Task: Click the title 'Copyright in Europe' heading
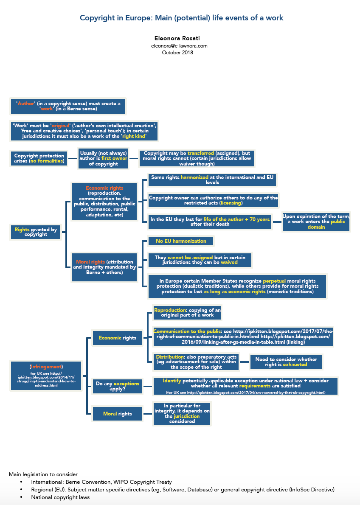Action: point(181,18)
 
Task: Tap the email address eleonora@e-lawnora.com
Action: point(179,45)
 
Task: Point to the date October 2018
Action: point(177,53)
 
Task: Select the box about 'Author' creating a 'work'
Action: point(68,106)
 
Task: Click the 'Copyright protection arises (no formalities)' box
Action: point(39,158)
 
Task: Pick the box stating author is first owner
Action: point(103,158)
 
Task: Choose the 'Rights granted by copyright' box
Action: point(36,232)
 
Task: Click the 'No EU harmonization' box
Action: point(181,241)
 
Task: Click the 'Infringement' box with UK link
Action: point(46,375)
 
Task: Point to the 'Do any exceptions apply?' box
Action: point(117,386)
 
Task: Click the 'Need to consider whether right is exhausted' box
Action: point(286,362)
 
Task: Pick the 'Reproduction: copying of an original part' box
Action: point(187,313)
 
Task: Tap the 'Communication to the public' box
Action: point(242,337)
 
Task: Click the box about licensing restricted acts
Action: point(213,200)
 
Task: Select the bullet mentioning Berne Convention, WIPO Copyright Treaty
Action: point(101,482)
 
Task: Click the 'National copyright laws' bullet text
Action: point(60,497)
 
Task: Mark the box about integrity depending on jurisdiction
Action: point(182,414)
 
